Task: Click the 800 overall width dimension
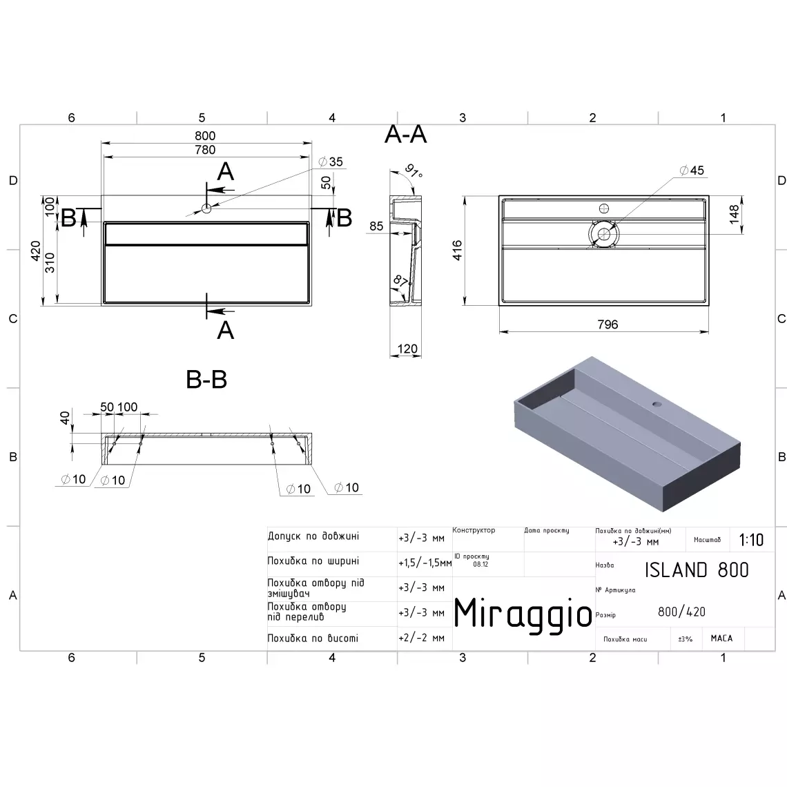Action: (205, 136)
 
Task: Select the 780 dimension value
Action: (205, 150)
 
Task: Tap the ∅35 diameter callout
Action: (331, 162)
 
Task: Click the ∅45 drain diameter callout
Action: (692, 171)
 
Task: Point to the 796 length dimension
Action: (608, 324)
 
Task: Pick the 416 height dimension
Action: (457, 250)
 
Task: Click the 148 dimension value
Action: (735, 214)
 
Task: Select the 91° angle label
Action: (414, 171)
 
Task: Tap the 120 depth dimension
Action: (407, 349)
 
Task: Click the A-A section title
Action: (405, 135)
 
